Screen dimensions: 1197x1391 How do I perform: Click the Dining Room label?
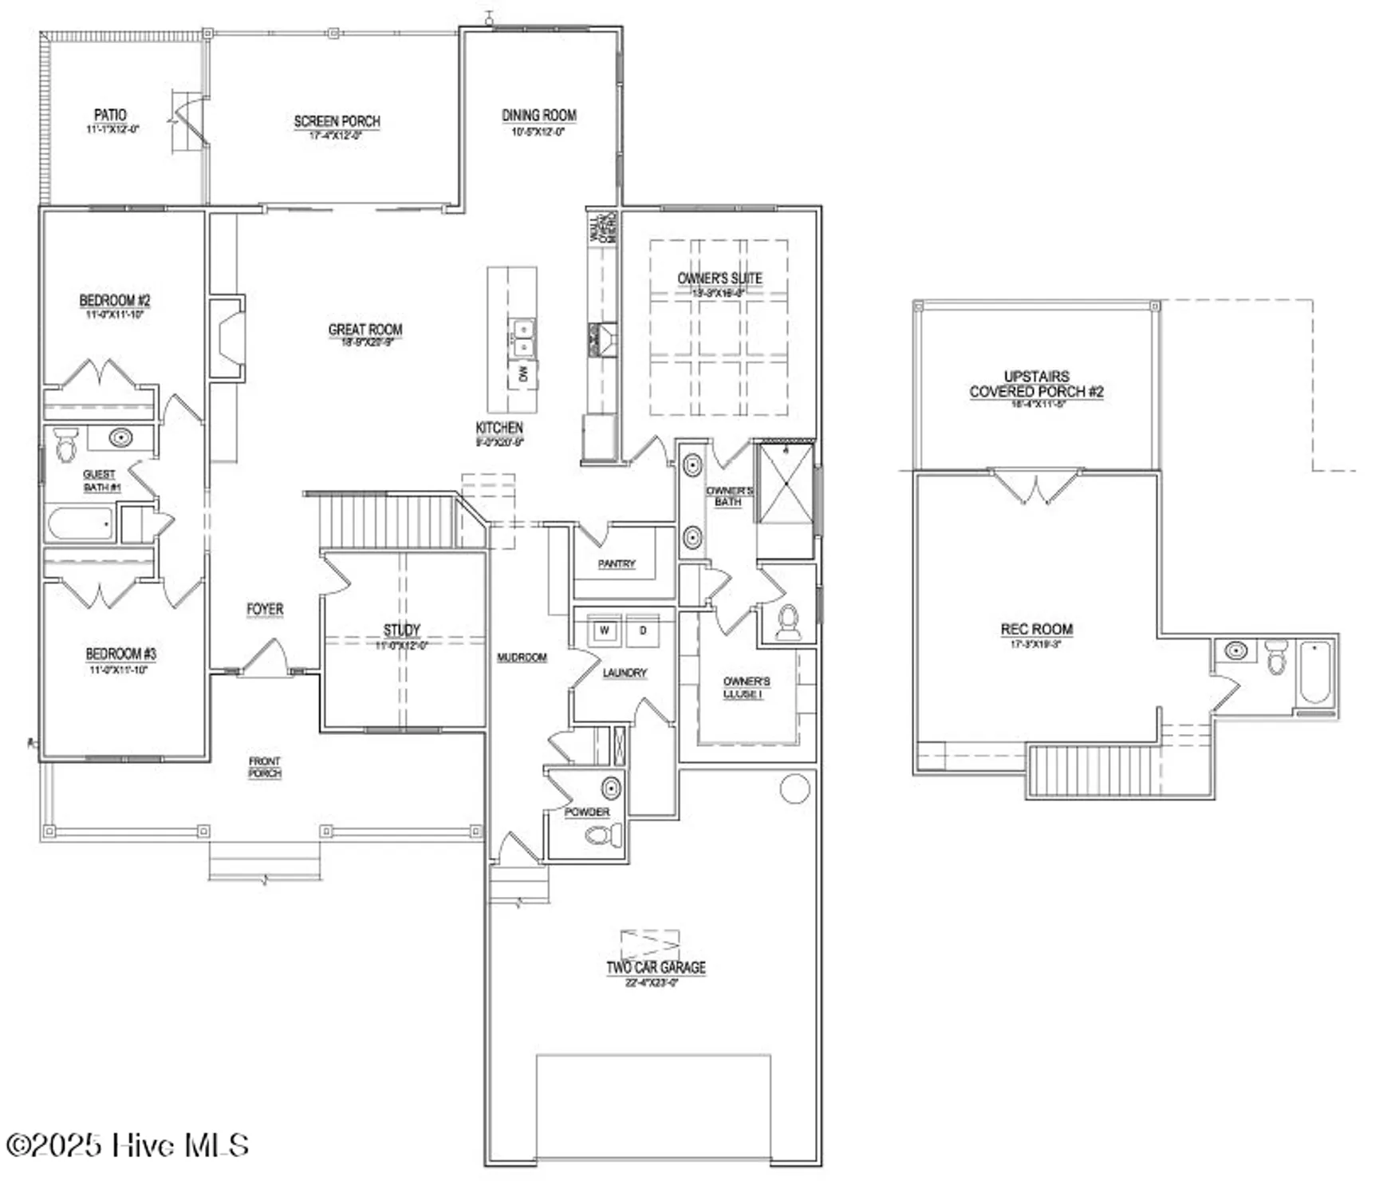click(538, 116)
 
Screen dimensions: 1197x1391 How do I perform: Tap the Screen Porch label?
click(337, 121)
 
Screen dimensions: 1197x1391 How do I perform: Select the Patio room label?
click(110, 115)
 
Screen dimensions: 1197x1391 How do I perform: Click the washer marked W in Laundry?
click(605, 630)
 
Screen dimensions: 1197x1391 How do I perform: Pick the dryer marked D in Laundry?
click(643, 630)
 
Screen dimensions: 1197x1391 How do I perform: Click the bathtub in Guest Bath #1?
click(80, 524)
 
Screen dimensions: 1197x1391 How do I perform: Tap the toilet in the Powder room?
click(605, 836)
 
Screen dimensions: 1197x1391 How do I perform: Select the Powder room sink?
click(611, 788)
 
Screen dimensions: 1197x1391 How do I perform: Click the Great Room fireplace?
click(230, 336)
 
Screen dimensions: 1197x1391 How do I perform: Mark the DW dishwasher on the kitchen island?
click(523, 373)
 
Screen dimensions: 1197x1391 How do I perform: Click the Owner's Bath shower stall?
click(786, 484)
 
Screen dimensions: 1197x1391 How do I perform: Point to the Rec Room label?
click(1036, 629)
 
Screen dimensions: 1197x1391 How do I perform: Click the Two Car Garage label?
click(656, 967)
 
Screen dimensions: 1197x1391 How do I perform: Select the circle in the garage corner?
click(794, 788)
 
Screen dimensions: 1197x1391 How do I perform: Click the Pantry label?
click(617, 563)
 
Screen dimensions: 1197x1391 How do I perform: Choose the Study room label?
click(401, 630)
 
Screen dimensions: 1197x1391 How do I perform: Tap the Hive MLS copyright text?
click(128, 1145)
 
